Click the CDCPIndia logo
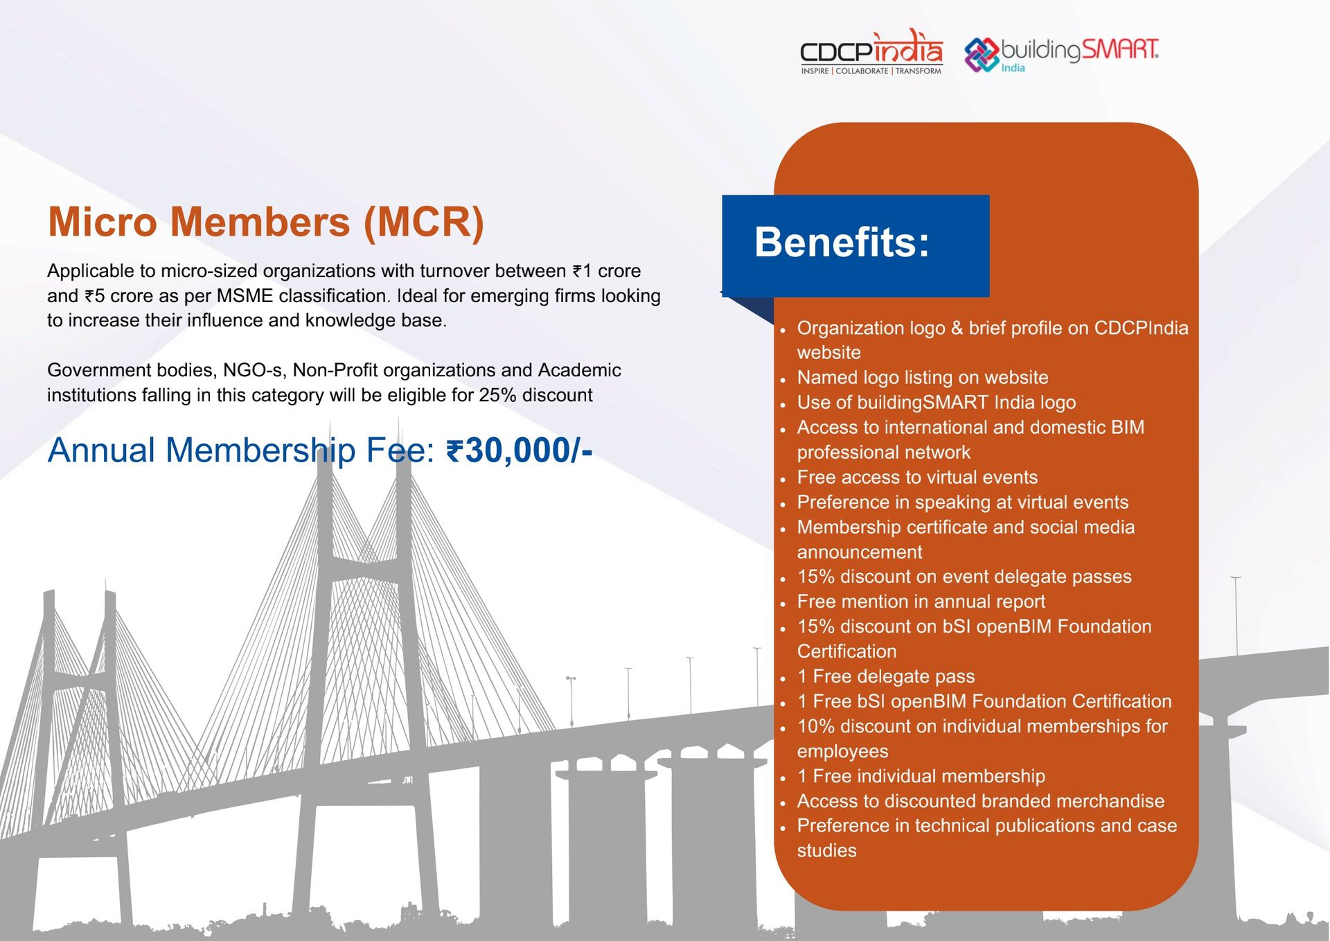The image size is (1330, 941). [x=871, y=50]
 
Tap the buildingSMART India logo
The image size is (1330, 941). [x=1061, y=53]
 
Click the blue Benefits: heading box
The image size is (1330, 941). [x=855, y=245]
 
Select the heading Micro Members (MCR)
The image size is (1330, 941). [x=265, y=222]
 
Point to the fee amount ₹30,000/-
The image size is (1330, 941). [x=520, y=451]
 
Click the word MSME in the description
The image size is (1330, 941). [x=245, y=296]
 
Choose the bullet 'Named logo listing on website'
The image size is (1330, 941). [x=922, y=378]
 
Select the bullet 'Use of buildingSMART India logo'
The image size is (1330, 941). [x=936, y=403]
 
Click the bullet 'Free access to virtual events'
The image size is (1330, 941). [x=916, y=477]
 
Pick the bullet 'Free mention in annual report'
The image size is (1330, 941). [x=921, y=601]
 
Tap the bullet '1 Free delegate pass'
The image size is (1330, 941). [x=885, y=676]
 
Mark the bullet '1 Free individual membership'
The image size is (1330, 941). [x=921, y=776]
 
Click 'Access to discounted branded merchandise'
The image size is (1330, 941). [x=980, y=801]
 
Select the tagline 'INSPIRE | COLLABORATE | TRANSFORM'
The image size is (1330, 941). [x=871, y=71]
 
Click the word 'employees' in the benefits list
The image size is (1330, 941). [x=842, y=751]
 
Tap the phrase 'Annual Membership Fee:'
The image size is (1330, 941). [x=240, y=451]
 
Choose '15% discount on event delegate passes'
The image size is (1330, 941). [x=964, y=577]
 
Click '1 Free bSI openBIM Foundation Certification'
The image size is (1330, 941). [x=984, y=701]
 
